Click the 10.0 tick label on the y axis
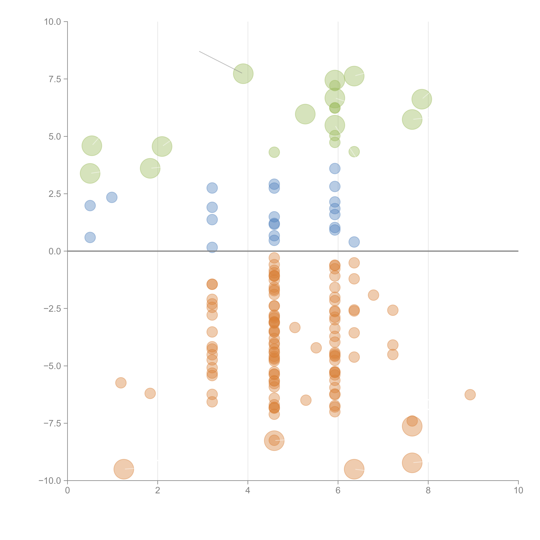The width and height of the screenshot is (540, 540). [53, 22]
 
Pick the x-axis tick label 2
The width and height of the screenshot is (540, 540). [158, 491]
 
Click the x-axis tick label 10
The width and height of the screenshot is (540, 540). [518, 491]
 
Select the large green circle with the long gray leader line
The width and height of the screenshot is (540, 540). [243, 74]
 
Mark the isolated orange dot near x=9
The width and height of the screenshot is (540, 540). [470, 395]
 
